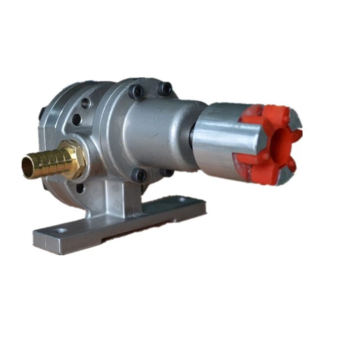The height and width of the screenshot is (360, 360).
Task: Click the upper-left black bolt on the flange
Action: tap(136, 91)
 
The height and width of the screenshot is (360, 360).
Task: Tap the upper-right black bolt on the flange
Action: tap(165, 89)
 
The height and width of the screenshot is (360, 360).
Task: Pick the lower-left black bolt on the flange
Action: tap(139, 175)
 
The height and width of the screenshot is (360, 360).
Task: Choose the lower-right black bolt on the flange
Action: tap(168, 173)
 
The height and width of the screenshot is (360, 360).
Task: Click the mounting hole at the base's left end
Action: tap(60, 230)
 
